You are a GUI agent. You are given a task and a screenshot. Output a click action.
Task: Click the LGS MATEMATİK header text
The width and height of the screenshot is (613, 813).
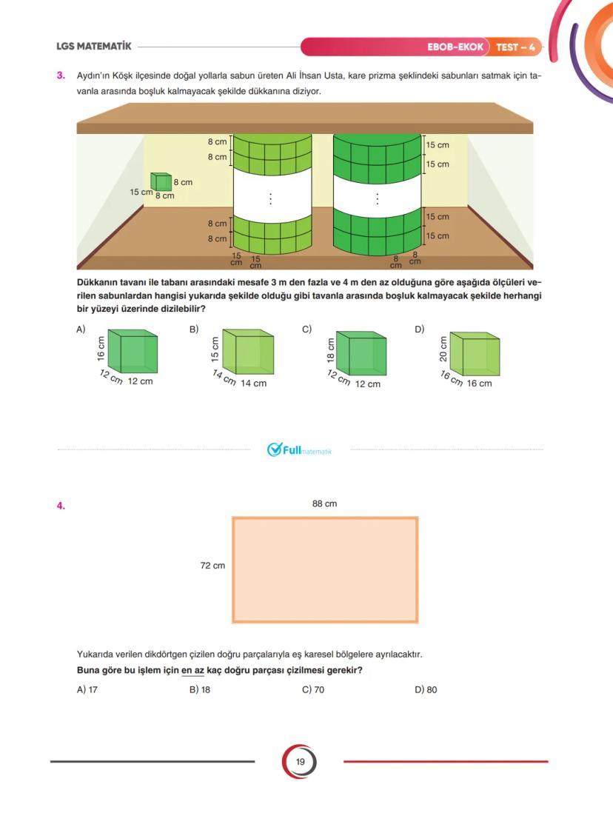94,47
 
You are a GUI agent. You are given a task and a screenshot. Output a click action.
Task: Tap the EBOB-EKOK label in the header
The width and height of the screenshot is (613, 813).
455,47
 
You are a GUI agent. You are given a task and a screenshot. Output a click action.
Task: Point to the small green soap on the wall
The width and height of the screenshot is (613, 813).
161,182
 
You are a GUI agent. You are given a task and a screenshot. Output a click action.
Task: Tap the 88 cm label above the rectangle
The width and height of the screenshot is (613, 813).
324,504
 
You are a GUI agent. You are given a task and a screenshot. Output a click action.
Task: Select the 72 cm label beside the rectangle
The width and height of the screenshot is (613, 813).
212,566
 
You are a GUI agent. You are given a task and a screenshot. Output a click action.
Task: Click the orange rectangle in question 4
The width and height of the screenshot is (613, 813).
325,569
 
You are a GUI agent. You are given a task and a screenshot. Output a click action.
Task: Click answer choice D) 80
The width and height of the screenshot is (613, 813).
426,689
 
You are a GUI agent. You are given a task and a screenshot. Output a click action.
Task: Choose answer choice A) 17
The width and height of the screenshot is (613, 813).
87,689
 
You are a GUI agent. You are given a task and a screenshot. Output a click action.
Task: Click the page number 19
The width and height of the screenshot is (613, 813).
300,762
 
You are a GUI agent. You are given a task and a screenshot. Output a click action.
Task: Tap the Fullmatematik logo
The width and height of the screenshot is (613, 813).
299,449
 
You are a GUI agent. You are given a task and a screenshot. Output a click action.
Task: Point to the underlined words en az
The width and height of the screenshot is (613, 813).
192,671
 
